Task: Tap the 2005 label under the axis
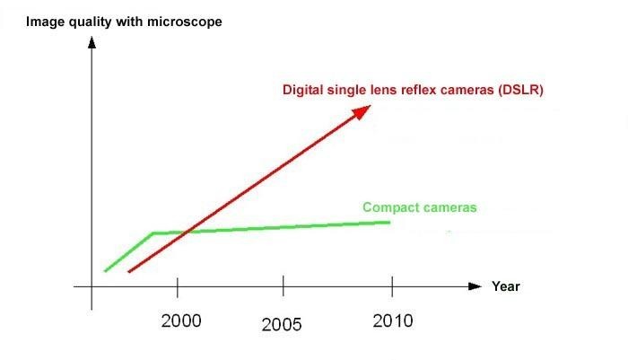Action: pos(282,325)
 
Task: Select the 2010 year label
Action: pos(393,320)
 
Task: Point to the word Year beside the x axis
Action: pos(505,286)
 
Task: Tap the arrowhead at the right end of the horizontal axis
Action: pos(475,286)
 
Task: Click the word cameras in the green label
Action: pos(449,207)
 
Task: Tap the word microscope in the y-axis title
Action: pos(185,20)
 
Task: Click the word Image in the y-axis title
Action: pos(45,20)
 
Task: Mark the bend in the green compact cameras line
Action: pos(153,233)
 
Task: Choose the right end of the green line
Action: pos(390,222)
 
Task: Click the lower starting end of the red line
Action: pos(130,271)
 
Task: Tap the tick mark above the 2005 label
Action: pos(283,286)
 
